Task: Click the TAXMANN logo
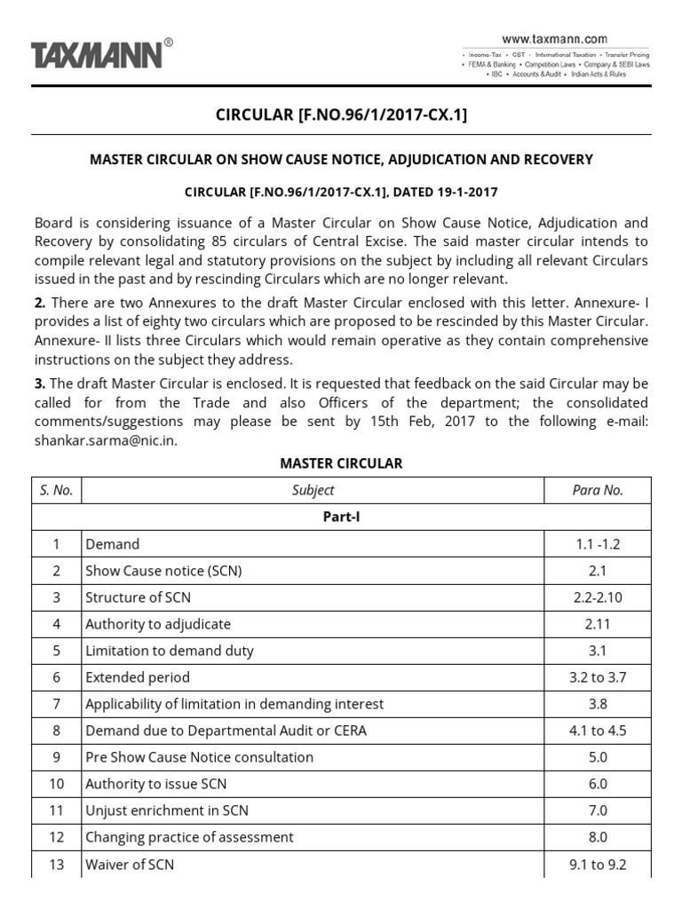tap(98, 55)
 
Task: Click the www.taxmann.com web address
tap(554, 39)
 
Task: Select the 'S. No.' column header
tap(56, 490)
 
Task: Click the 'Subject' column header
tap(313, 490)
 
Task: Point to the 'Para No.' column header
tap(598, 490)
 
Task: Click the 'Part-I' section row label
tap(341, 518)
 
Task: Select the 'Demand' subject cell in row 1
tap(113, 544)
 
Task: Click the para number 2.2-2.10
tap(598, 597)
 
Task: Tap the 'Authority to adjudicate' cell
tap(158, 624)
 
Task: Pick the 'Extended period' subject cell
tap(138, 677)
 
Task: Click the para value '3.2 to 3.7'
tap(598, 677)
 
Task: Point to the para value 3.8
tap(598, 704)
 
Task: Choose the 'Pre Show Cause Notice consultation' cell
tap(199, 757)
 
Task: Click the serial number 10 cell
tap(56, 784)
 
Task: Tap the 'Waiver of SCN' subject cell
tap(130, 864)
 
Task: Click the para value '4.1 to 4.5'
tap(598, 731)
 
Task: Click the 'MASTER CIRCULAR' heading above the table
tap(341, 463)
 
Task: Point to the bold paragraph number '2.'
tap(40, 304)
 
